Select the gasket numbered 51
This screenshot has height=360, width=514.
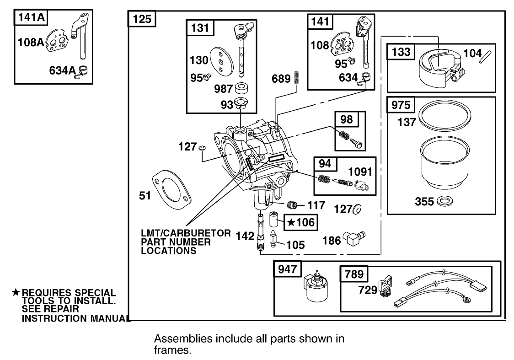tap(172, 192)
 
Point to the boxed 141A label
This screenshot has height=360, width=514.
tap(30, 18)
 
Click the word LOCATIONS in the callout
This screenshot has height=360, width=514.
tap(169, 251)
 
